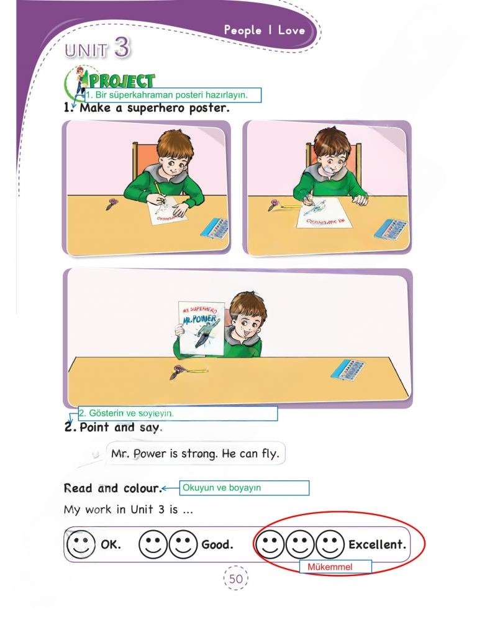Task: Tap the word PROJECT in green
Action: (x=122, y=81)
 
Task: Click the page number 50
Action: (x=235, y=579)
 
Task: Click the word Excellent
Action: (x=377, y=545)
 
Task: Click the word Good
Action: (x=217, y=545)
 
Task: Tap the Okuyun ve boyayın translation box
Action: (x=244, y=488)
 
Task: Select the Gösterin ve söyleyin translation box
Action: (x=178, y=413)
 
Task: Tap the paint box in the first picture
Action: (x=214, y=228)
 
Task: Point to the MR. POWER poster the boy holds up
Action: (x=200, y=330)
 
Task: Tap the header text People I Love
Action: (x=264, y=30)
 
